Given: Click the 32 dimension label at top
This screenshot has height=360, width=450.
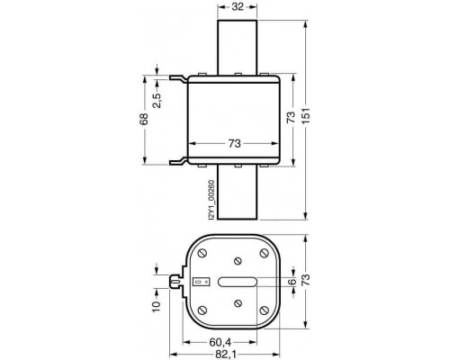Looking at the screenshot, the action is [x=238, y=6].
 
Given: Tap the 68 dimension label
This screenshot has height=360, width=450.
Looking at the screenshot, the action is [x=144, y=119].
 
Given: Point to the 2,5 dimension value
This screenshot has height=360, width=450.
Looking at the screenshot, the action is [x=157, y=100].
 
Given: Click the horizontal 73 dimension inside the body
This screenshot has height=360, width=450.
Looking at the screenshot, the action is [x=235, y=144].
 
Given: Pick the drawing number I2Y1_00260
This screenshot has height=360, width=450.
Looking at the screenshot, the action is [x=211, y=200].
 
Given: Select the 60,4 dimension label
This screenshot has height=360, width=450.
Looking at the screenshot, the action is [x=220, y=342].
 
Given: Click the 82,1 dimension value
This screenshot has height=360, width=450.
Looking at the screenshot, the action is [x=225, y=355].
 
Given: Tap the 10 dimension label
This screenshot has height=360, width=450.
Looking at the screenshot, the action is [x=157, y=307].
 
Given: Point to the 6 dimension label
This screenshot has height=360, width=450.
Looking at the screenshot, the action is [x=292, y=282].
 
